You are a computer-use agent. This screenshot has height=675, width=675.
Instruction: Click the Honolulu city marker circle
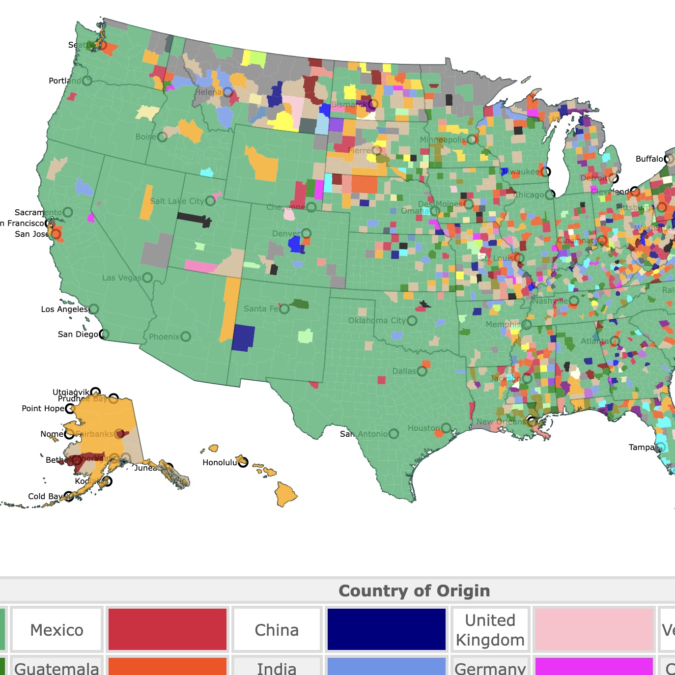tap(243, 462)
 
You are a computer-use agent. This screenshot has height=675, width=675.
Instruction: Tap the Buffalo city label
tap(649, 159)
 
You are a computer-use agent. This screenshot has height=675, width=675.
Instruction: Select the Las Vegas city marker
tap(147, 278)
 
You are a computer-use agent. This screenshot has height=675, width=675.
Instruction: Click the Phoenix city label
tap(164, 337)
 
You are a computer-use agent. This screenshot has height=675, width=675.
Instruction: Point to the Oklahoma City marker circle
tap(412, 321)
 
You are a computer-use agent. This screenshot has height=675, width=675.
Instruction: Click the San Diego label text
tap(78, 334)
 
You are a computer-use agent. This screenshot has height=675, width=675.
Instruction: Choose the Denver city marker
tap(306, 233)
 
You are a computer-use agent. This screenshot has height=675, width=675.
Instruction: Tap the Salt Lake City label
tap(176, 201)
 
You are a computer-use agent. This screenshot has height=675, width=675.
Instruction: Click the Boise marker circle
tap(162, 137)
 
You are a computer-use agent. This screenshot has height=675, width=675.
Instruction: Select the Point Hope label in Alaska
tap(43, 408)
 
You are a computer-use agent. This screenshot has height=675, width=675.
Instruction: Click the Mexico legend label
tap(56, 630)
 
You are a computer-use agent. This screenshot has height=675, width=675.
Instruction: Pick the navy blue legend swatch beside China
tap(386, 630)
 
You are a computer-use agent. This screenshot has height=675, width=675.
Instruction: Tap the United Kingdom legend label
tap(490, 630)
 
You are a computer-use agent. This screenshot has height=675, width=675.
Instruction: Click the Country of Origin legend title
tap(414, 591)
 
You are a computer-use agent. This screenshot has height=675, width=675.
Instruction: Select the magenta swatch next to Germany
tap(594, 667)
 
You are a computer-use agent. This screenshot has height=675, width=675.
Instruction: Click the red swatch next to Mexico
tap(167, 630)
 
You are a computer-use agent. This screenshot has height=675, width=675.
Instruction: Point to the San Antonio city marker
tap(394, 434)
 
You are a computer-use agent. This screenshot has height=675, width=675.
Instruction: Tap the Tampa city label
tap(641, 447)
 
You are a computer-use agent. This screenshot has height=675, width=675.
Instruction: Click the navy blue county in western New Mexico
tap(243, 337)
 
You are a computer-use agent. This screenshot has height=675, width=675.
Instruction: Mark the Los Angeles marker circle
tap(93, 309)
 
